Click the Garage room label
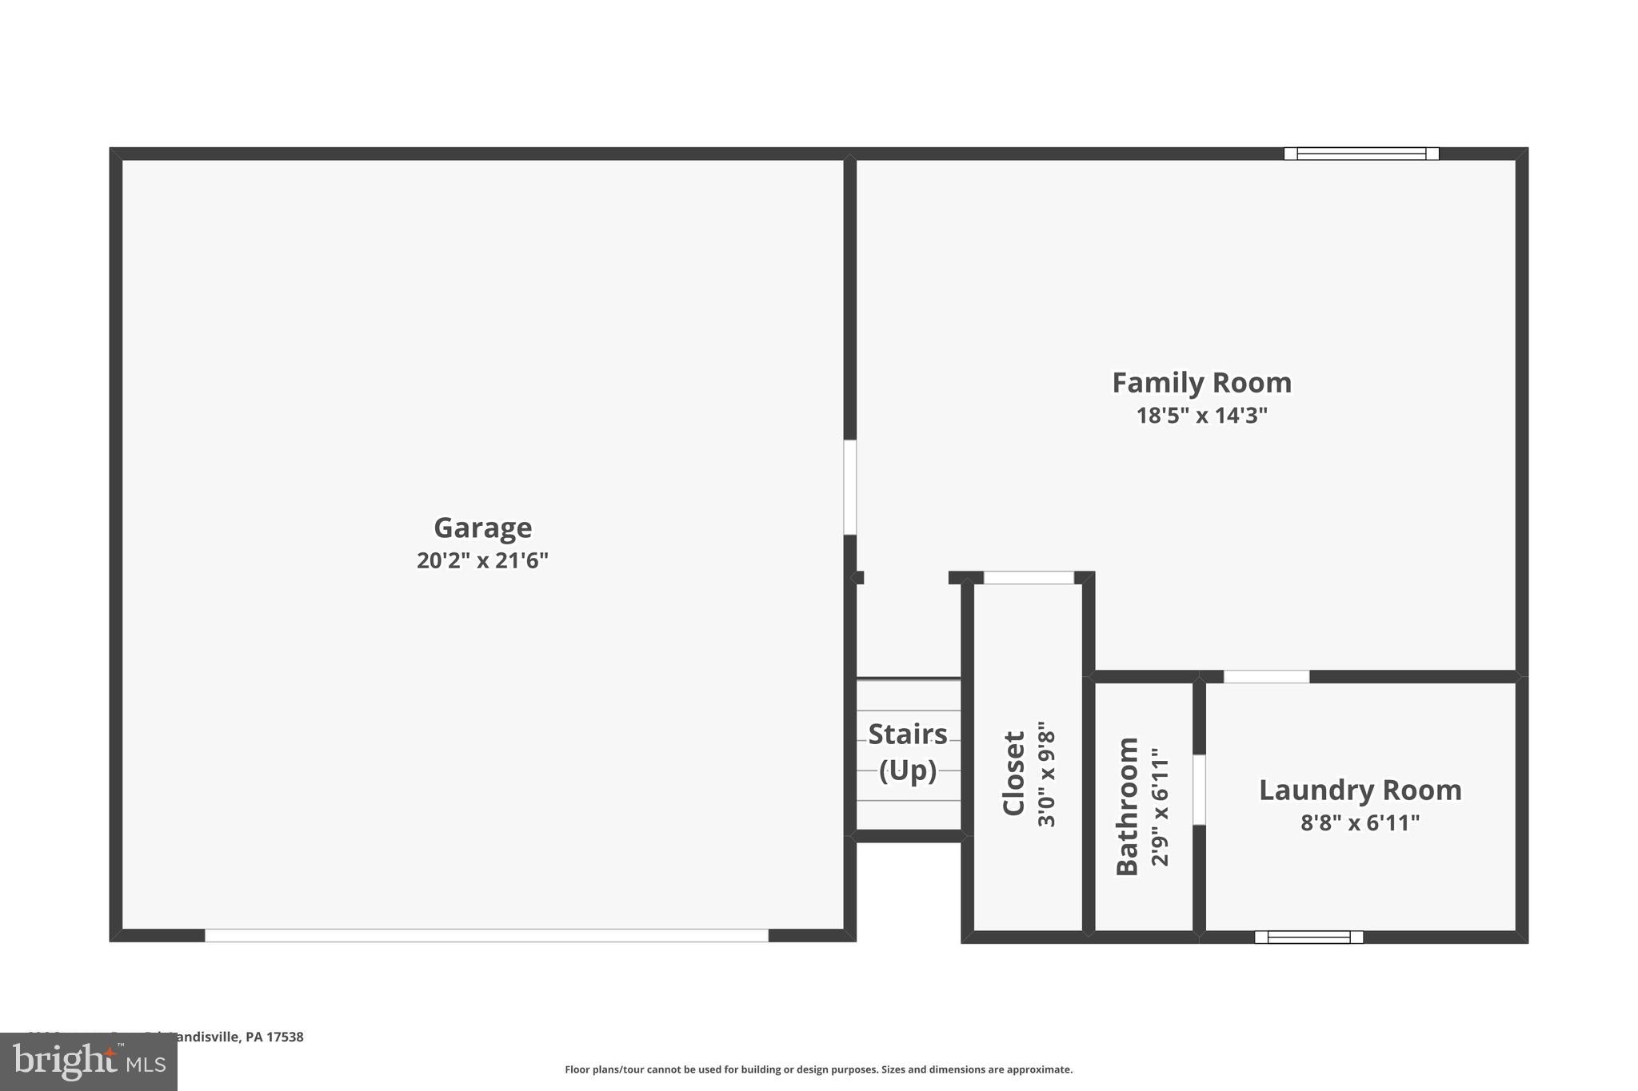[x=482, y=528]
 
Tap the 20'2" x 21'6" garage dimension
[x=482, y=560]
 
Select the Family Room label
[x=1201, y=383]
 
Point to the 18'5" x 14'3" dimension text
[x=1201, y=416]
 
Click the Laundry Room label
[x=1360, y=790]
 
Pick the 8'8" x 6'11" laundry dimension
[x=1360, y=822]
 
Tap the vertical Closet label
[x=1013, y=773]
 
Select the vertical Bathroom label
[x=1127, y=806]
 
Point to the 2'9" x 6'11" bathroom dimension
[x=1160, y=806]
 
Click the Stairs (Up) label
[x=908, y=752]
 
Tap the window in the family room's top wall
[x=1361, y=153]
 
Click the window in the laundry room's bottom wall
[x=1308, y=937]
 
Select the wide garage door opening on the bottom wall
[x=486, y=935]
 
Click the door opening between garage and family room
[x=850, y=487]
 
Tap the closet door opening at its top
[x=1029, y=578]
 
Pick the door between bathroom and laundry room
[x=1199, y=790]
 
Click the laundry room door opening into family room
[x=1266, y=677]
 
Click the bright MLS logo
[x=89, y=1061]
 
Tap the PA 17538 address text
[x=274, y=1037]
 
